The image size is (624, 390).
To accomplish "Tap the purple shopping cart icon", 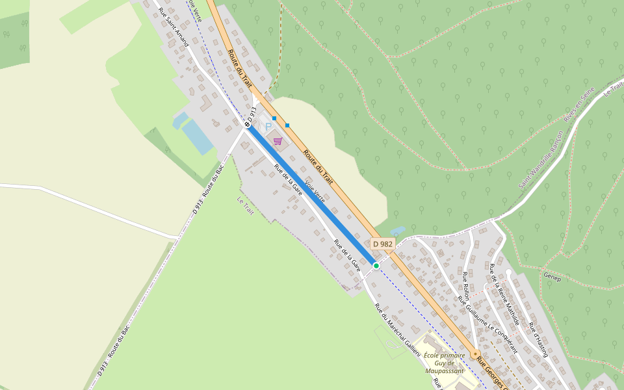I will click(278, 140).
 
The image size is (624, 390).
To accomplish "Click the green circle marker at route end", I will click(376, 265).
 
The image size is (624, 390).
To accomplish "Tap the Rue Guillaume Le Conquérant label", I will click(487, 323).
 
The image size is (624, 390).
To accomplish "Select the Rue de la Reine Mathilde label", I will click(504, 294).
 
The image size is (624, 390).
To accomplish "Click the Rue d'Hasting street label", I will click(539, 339).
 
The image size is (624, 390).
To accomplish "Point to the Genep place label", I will click(552, 276).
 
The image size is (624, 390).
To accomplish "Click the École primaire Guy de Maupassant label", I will click(444, 363).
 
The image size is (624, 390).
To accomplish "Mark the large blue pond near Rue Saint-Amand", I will click(197, 136).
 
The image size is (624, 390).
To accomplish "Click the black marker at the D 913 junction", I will click(247, 124).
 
